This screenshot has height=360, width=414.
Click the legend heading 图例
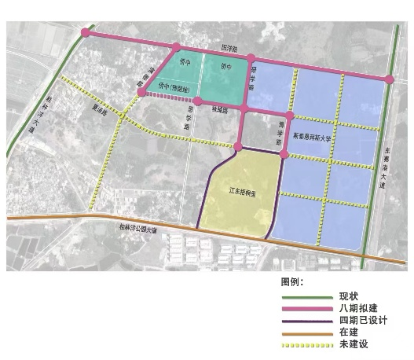pyautogui.click(x=291, y=281)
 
